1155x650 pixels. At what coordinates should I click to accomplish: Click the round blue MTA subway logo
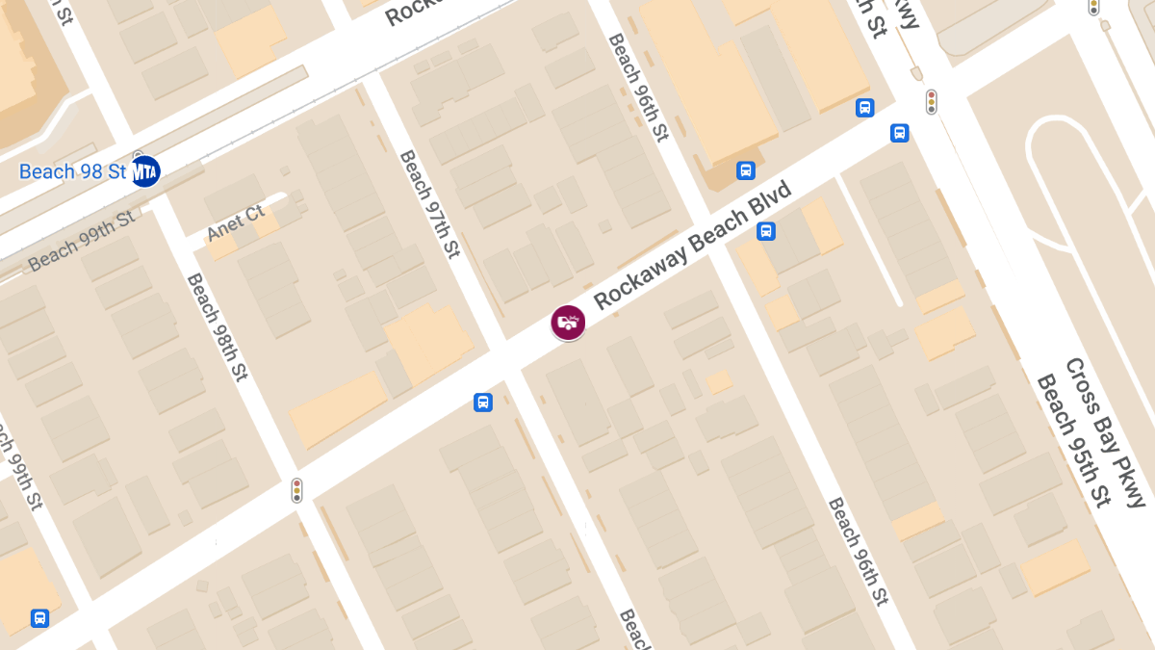click(145, 171)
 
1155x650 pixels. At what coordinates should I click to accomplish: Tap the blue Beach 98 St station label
click(73, 172)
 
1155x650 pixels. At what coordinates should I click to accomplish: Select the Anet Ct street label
click(236, 222)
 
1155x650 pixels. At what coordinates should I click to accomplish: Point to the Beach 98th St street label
click(218, 327)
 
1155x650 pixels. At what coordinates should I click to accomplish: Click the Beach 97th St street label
click(430, 204)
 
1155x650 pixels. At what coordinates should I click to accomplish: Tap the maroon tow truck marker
click(568, 322)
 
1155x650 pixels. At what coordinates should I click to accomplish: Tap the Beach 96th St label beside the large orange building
click(638, 87)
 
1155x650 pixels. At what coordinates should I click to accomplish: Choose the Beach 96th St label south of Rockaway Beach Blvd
click(857, 552)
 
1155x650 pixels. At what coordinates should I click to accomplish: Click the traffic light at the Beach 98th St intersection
click(297, 490)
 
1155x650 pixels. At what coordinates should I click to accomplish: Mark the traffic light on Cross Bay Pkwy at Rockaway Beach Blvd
click(931, 102)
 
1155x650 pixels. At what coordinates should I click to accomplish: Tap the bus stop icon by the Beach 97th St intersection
click(483, 403)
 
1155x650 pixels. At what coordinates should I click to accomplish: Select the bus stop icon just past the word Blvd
click(766, 231)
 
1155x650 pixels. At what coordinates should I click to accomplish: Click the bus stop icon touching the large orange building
click(745, 171)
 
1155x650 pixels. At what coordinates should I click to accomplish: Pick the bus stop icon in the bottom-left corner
click(39, 618)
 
